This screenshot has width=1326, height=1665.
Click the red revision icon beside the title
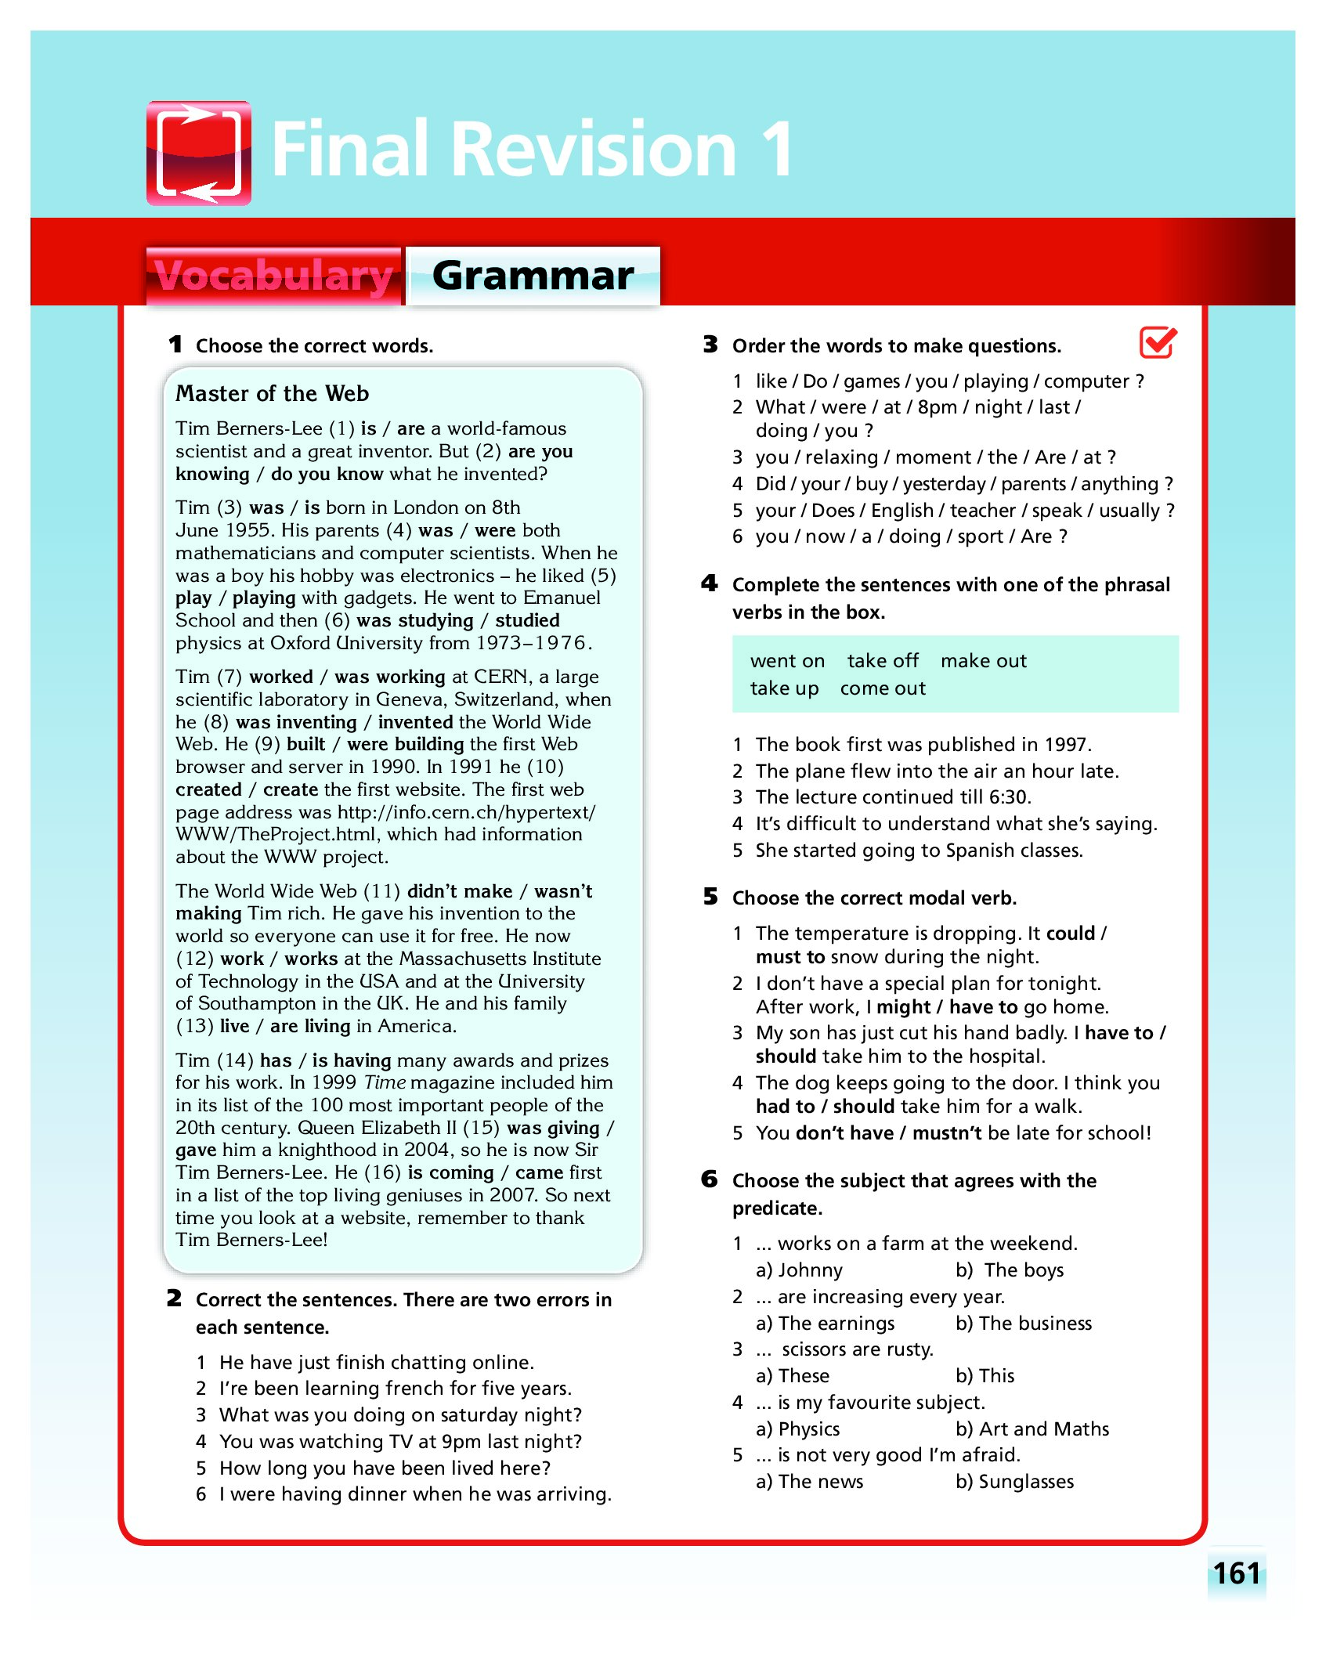[199, 153]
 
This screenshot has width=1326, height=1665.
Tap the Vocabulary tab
[273, 276]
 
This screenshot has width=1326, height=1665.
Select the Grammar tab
[533, 276]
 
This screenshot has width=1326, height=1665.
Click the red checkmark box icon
[1158, 342]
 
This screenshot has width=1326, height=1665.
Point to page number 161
[1237, 1573]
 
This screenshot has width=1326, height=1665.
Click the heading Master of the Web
[272, 393]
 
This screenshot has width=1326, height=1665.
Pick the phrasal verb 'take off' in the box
[883, 661]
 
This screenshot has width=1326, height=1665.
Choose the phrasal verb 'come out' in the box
[883, 688]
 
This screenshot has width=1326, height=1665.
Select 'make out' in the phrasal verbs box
[983, 661]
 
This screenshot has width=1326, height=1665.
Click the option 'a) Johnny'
[799, 1270]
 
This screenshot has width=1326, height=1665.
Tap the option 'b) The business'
[1023, 1324]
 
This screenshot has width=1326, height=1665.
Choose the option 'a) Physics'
[797, 1429]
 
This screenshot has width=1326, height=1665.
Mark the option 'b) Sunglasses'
[1014, 1482]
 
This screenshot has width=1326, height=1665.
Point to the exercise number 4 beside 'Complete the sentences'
[710, 583]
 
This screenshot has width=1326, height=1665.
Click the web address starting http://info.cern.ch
[466, 812]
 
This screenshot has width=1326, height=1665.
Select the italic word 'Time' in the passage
[385, 1082]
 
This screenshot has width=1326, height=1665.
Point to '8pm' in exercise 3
[937, 407]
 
